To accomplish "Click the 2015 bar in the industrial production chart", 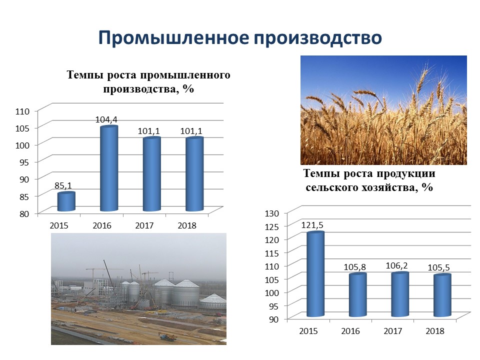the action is pos(66,201).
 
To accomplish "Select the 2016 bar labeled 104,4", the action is pos(109,168).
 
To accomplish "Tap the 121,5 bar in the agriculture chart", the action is pos(315,274).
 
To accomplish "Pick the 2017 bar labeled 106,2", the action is pos(400,294).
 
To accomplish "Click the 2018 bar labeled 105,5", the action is pos(442,295).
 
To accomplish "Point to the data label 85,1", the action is pos(63,185).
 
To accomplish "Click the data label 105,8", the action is pos(355,267).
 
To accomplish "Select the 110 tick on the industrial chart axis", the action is pos(22,111).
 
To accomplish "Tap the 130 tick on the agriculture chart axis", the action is pos(272,213).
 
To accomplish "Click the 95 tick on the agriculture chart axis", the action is pos(274,306).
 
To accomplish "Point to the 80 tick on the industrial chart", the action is pos(24,213).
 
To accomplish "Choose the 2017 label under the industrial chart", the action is pos(144,225).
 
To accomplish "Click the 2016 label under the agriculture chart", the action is pos(350,331).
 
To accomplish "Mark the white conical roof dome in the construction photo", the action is pos(213,298).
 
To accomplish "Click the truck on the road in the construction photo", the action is pos(167,336).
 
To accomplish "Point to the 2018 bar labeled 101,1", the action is pos(194,174).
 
